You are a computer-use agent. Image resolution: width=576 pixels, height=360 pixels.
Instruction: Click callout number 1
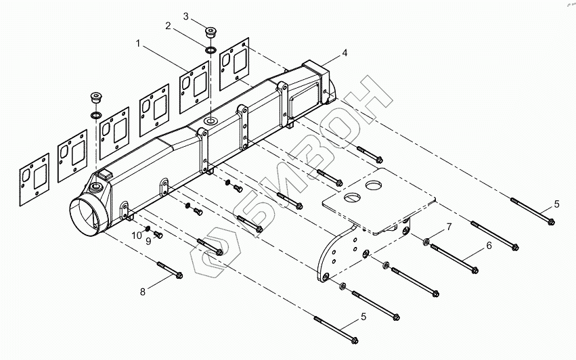[138, 43]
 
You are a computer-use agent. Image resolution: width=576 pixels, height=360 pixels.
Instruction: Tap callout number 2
[169, 26]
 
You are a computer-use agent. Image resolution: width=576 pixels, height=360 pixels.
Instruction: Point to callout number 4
[345, 52]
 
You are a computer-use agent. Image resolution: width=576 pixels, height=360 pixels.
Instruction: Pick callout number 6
[488, 246]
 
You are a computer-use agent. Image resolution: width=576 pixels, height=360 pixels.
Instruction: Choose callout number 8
[142, 292]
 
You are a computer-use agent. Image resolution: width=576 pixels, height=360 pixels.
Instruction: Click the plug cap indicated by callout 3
[211, 32]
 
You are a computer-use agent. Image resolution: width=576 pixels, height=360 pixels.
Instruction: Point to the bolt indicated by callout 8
[170, 269]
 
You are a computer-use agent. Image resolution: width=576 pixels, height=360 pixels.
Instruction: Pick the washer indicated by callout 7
[426, 242]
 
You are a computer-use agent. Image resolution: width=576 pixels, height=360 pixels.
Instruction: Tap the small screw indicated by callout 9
[159, 235]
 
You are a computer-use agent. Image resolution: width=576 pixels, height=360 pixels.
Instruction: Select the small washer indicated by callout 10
[148, 227]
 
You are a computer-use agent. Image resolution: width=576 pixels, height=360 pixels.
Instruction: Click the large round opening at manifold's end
[87, 217]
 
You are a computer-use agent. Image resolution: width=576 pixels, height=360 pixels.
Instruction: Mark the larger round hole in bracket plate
[373, 185]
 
